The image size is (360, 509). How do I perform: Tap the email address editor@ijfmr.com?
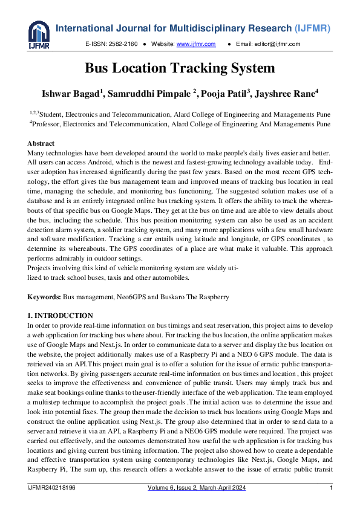click(284, 44)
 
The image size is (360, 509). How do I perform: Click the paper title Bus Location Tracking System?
click(180, 68)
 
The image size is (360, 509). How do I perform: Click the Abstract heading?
click(41, 143)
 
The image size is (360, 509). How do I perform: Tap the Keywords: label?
click(44, 298)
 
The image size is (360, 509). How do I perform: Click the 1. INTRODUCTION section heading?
click(60, 316)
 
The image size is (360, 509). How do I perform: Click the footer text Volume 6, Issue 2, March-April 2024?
click(197, 488)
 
